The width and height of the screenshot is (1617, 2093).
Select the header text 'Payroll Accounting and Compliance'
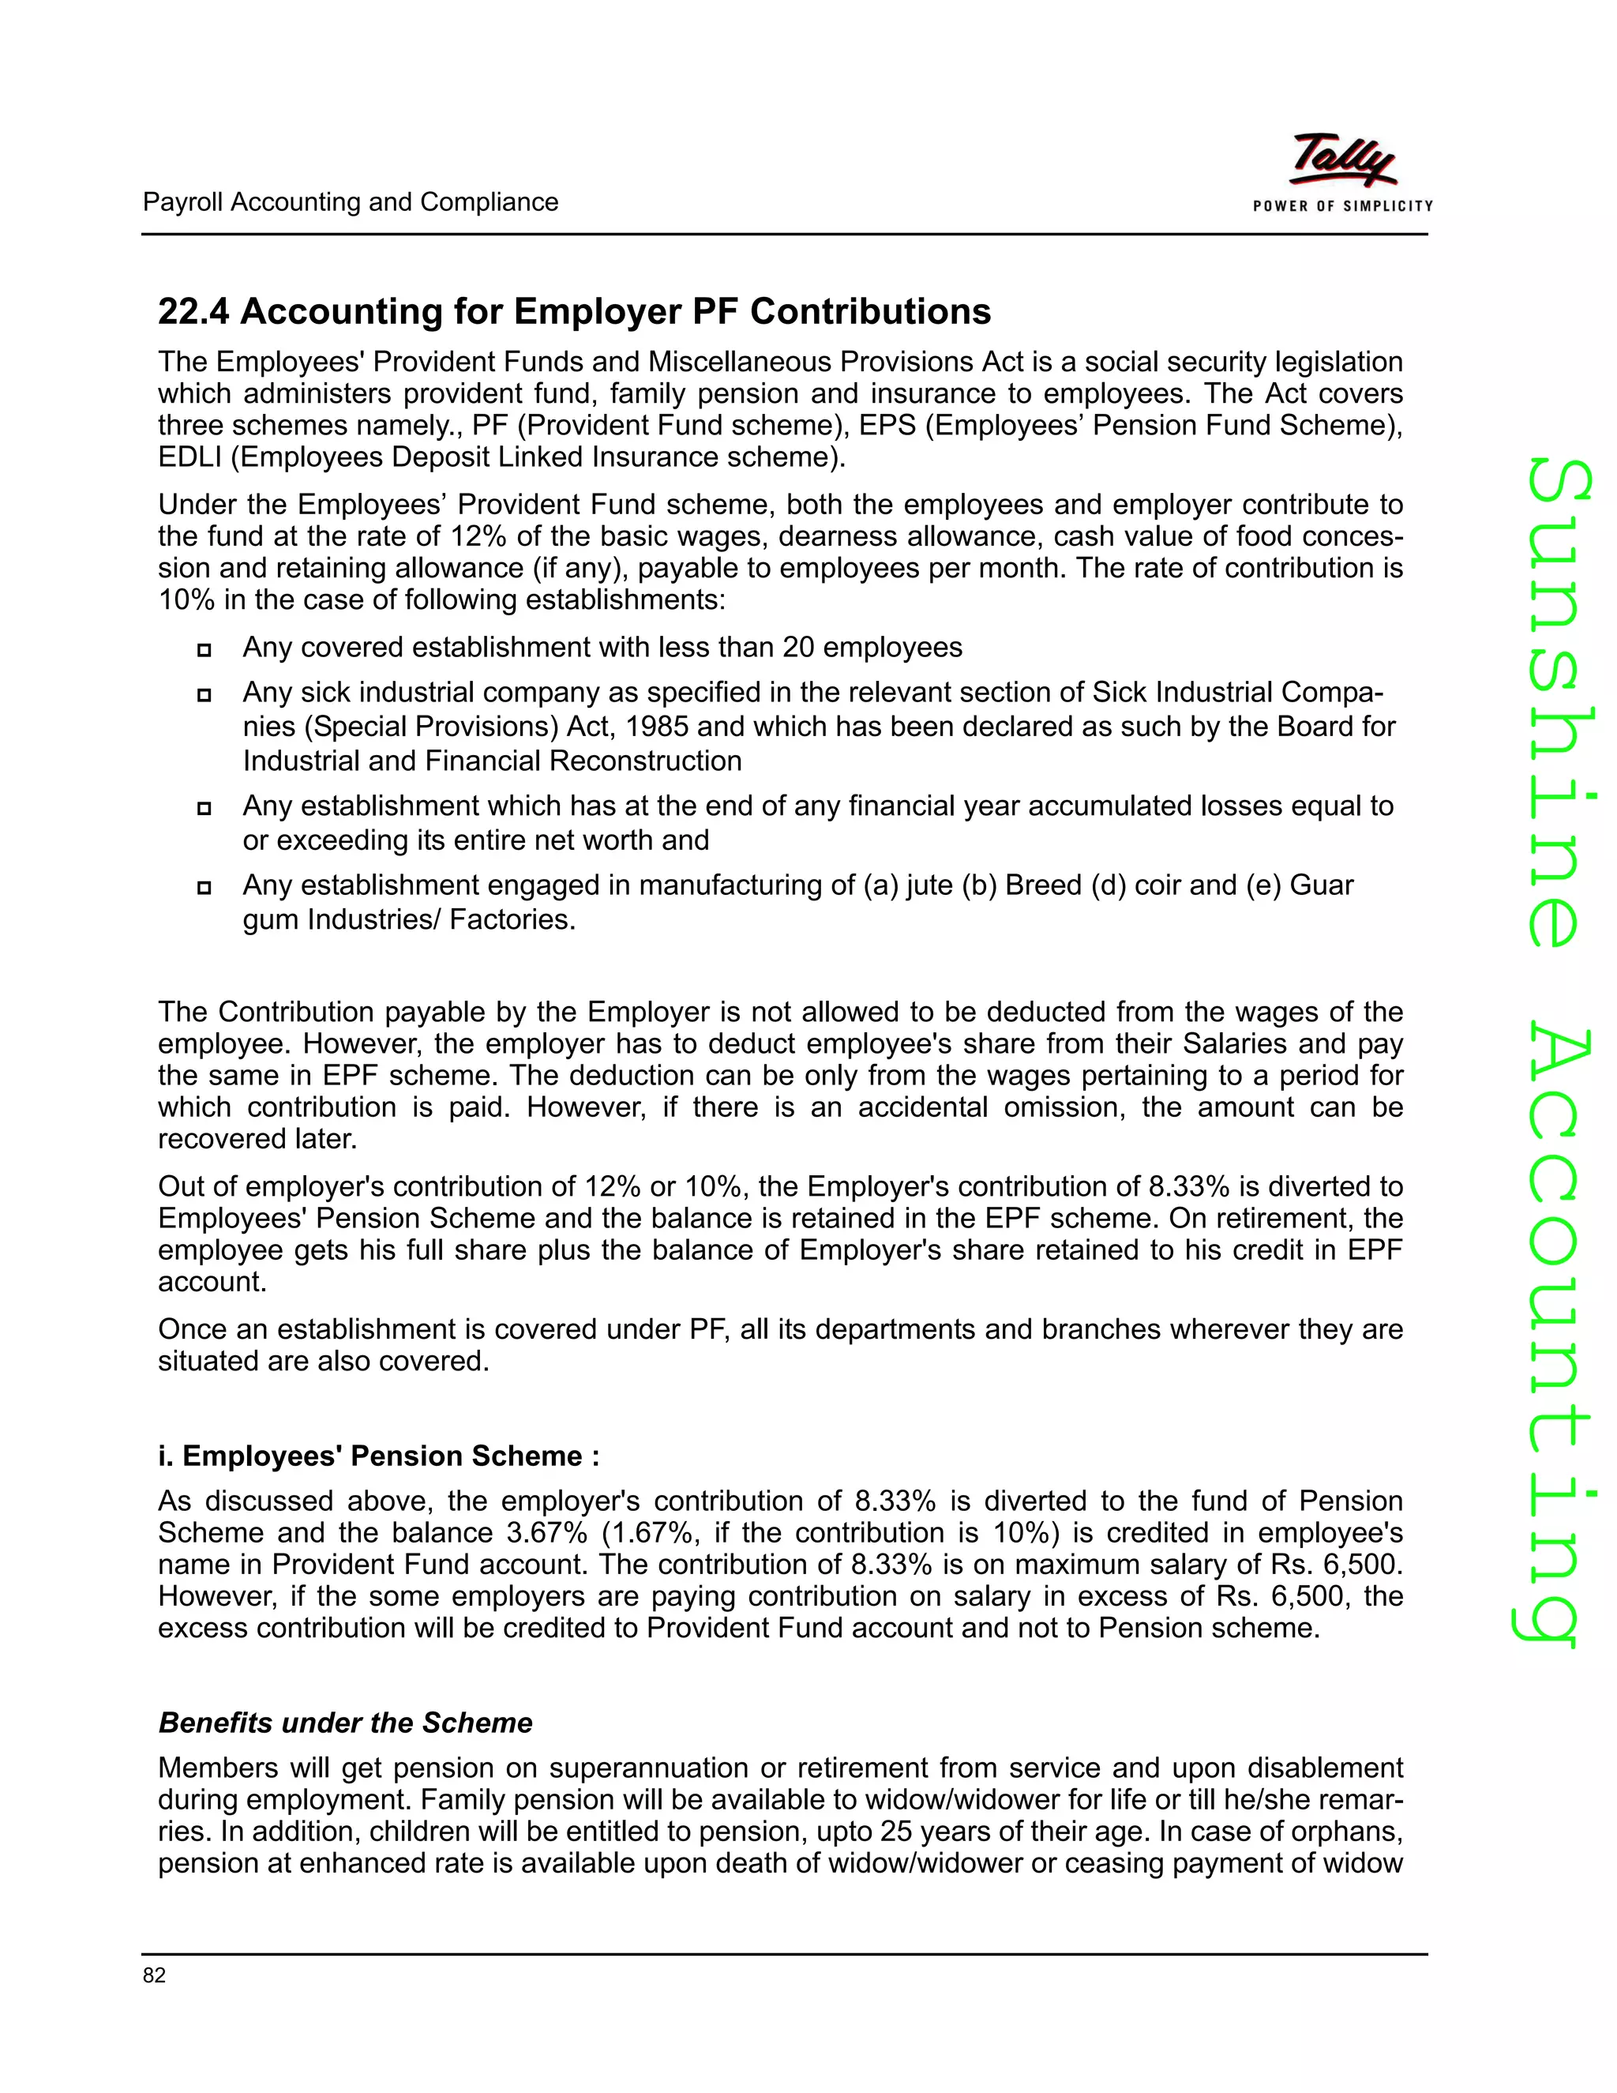350,202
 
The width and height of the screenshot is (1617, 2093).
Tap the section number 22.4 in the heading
193,311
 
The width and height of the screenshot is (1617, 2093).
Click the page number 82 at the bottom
154,1975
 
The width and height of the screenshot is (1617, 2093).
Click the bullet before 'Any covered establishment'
203,651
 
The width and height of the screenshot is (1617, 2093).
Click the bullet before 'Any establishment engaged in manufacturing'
203,888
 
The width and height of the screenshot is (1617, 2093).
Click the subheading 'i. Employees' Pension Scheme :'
378,1456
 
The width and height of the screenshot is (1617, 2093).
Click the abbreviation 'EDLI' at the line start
189,457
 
